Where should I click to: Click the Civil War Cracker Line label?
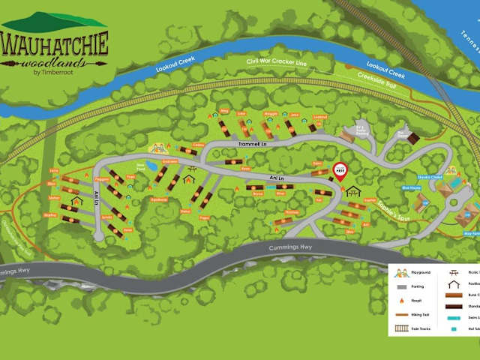point(277,63)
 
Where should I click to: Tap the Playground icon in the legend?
point(402,273)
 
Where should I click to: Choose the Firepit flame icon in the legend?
point(402,301)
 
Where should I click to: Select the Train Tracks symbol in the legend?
point(401,328)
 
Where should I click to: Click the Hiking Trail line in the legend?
point(401,315)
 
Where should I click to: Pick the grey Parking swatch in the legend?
point(401,286)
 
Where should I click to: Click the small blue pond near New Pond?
point(152,165)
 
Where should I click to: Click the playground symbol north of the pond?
point(160,148)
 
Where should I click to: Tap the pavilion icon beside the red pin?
point(353,190)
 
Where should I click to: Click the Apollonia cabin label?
point(158,199)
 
